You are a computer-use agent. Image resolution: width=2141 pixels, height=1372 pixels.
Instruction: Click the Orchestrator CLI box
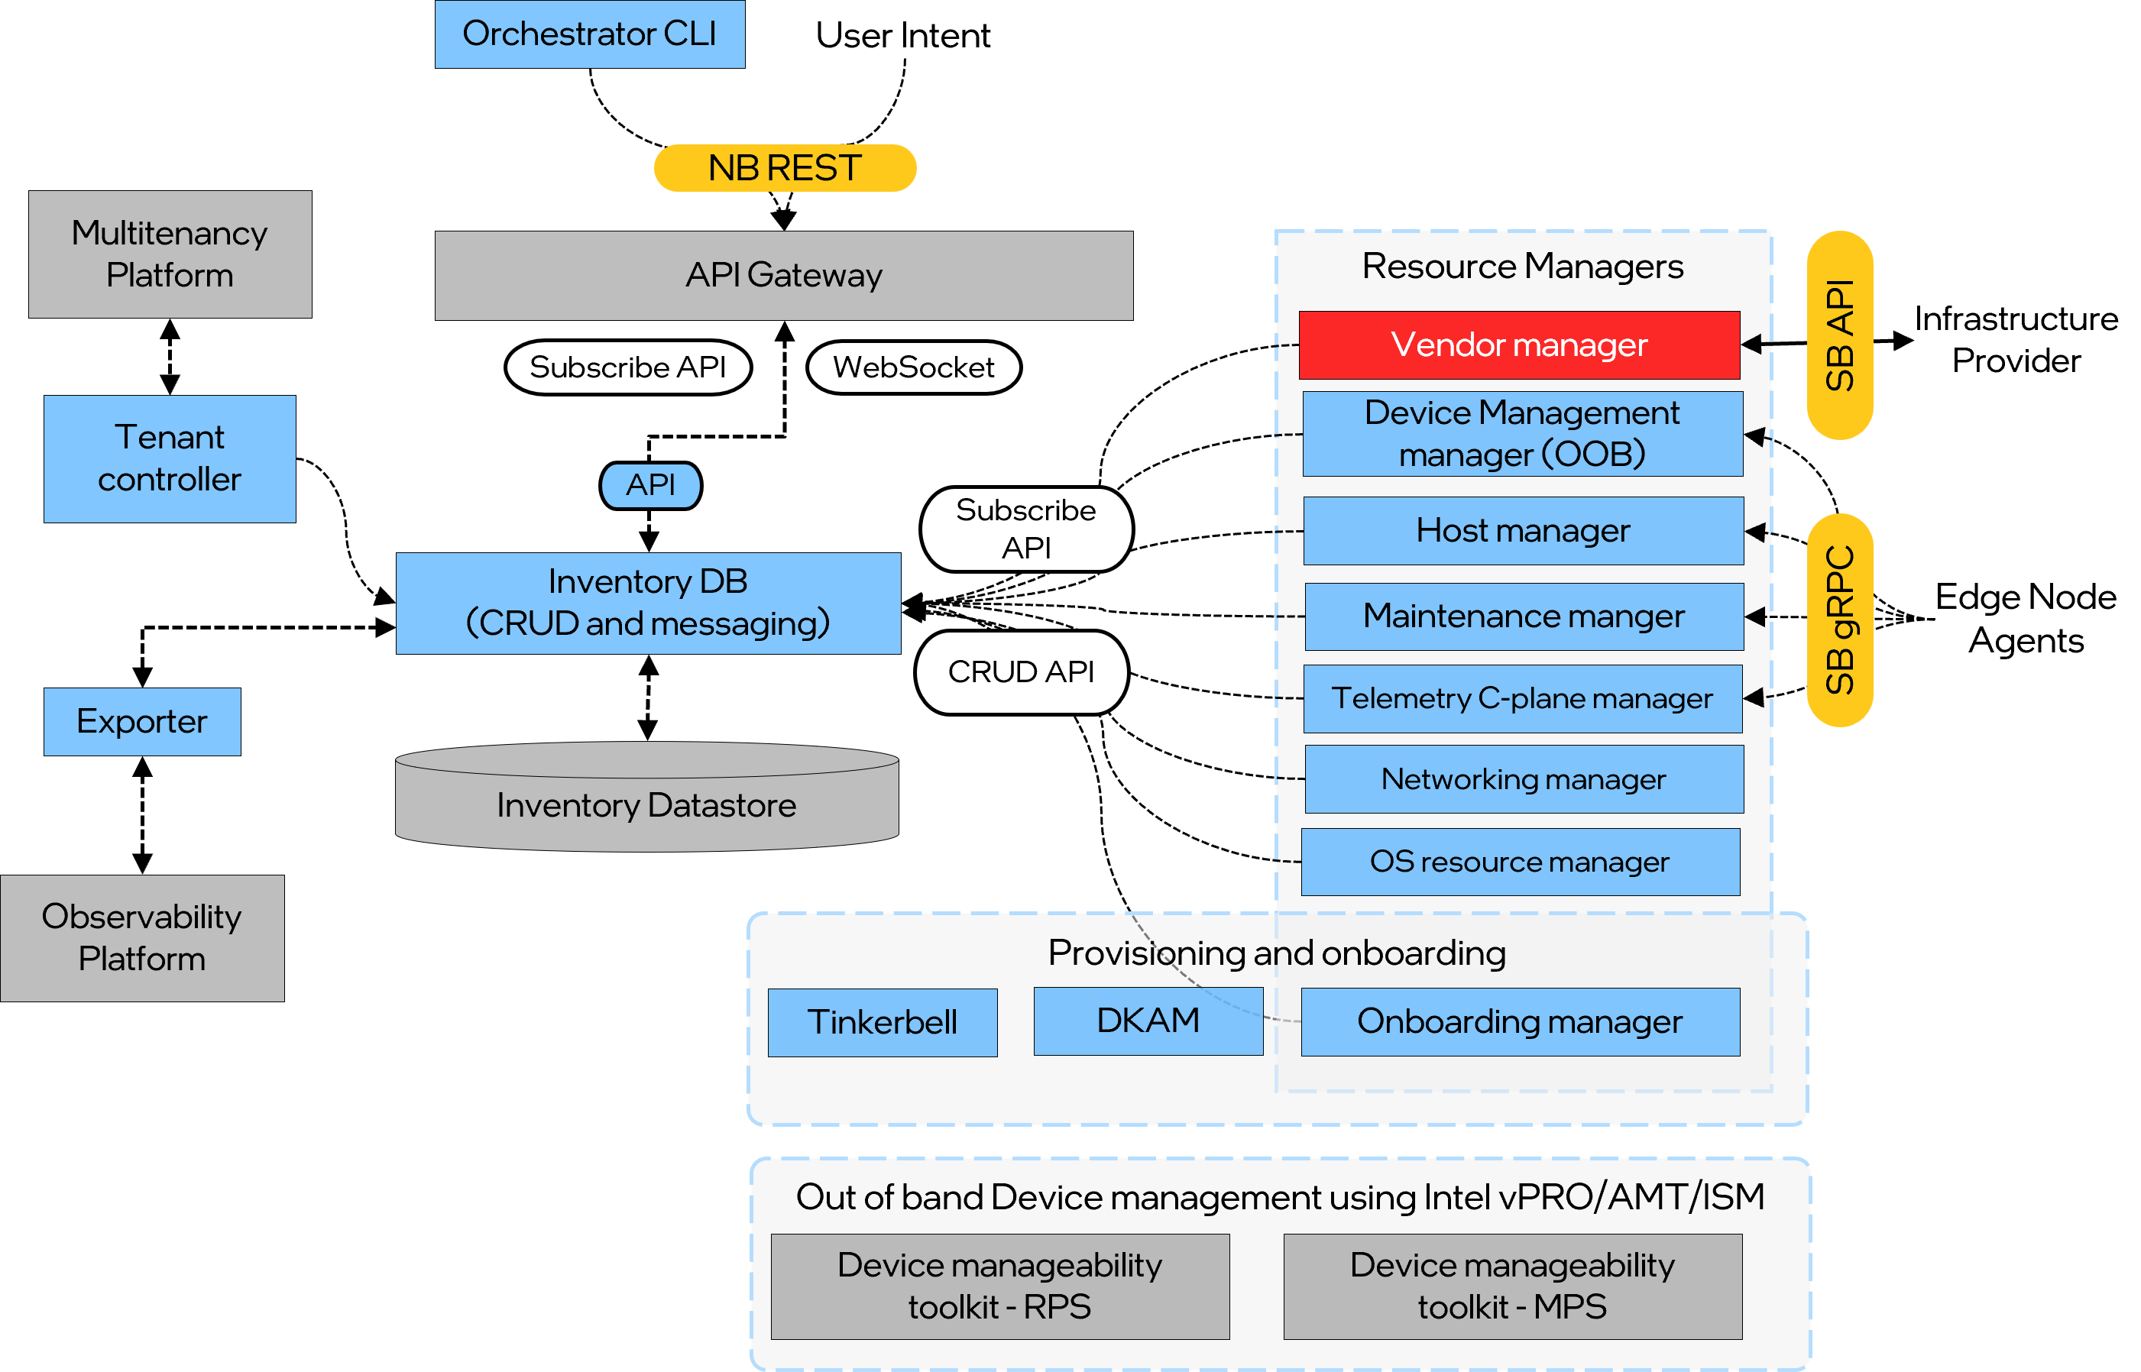(x=589, y=34)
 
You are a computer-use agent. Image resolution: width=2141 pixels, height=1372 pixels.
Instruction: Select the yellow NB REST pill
(x=784, y=167)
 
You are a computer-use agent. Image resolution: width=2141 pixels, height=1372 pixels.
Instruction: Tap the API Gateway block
(x=783, y=275)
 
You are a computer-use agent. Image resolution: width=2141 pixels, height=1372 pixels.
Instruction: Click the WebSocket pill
(x=912, y=367)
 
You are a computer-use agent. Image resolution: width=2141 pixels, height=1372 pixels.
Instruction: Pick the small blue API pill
(x=649, y=486)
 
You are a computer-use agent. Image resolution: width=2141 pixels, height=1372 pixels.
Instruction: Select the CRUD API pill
(x=1020, y=671)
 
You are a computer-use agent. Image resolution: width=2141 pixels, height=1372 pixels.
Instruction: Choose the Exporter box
(x=141, y=720)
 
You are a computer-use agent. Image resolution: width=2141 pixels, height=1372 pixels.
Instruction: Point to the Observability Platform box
(x=141, y=937)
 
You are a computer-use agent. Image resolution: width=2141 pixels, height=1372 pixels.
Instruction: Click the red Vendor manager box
(x=1518, y=345)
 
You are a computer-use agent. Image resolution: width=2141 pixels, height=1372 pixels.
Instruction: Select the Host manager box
(x=1522, y=531)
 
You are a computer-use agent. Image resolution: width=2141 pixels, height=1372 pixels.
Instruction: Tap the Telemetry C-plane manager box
(x=1522, y=698)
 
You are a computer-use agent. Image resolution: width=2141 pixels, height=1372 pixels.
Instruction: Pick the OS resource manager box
(x=1519, y=862)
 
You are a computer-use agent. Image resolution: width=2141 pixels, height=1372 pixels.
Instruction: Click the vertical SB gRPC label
(x=1839, y=620)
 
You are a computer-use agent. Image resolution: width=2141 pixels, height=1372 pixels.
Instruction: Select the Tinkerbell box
(x=881, y=1022)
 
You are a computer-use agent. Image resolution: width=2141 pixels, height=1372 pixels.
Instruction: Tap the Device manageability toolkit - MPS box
(x=1512, y=1286)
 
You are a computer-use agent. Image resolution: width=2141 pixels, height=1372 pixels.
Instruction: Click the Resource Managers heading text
(x=1522, y=267)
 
